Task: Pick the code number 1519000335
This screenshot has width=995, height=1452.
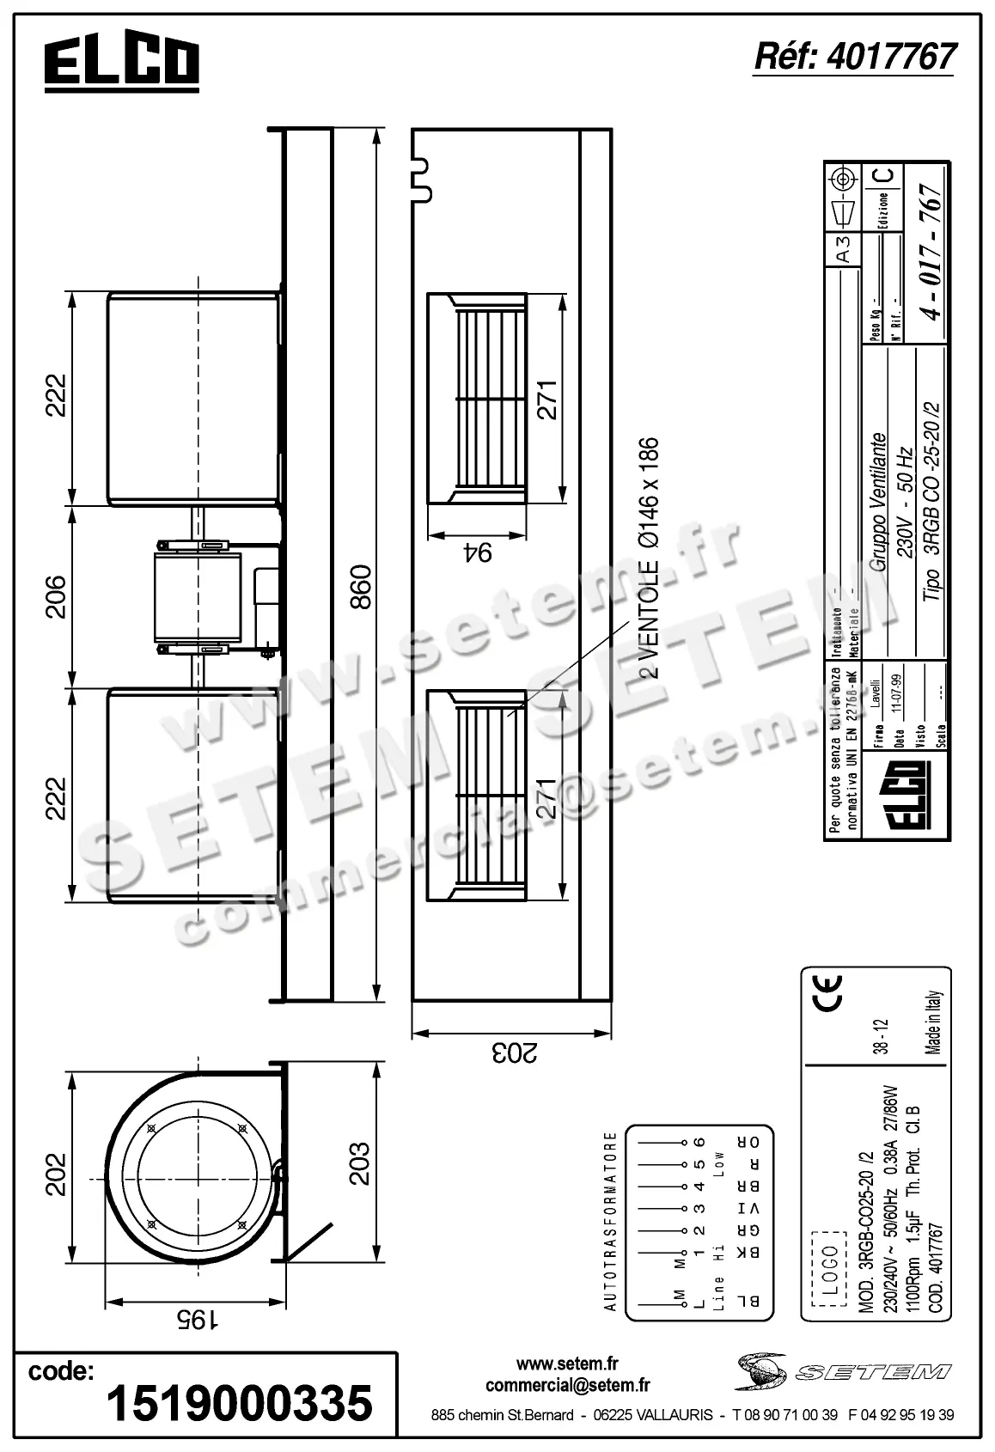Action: point(239,1403)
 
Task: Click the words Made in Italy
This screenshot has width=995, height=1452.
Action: point(936,1023)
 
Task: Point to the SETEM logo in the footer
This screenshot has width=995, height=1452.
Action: point(842,1372)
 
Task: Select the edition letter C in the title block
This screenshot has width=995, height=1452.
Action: point(885,175)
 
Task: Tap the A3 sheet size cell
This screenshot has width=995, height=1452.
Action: point(844,249)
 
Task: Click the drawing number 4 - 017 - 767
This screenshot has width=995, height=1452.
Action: point(932,251)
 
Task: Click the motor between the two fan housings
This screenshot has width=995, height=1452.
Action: point(196,598)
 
